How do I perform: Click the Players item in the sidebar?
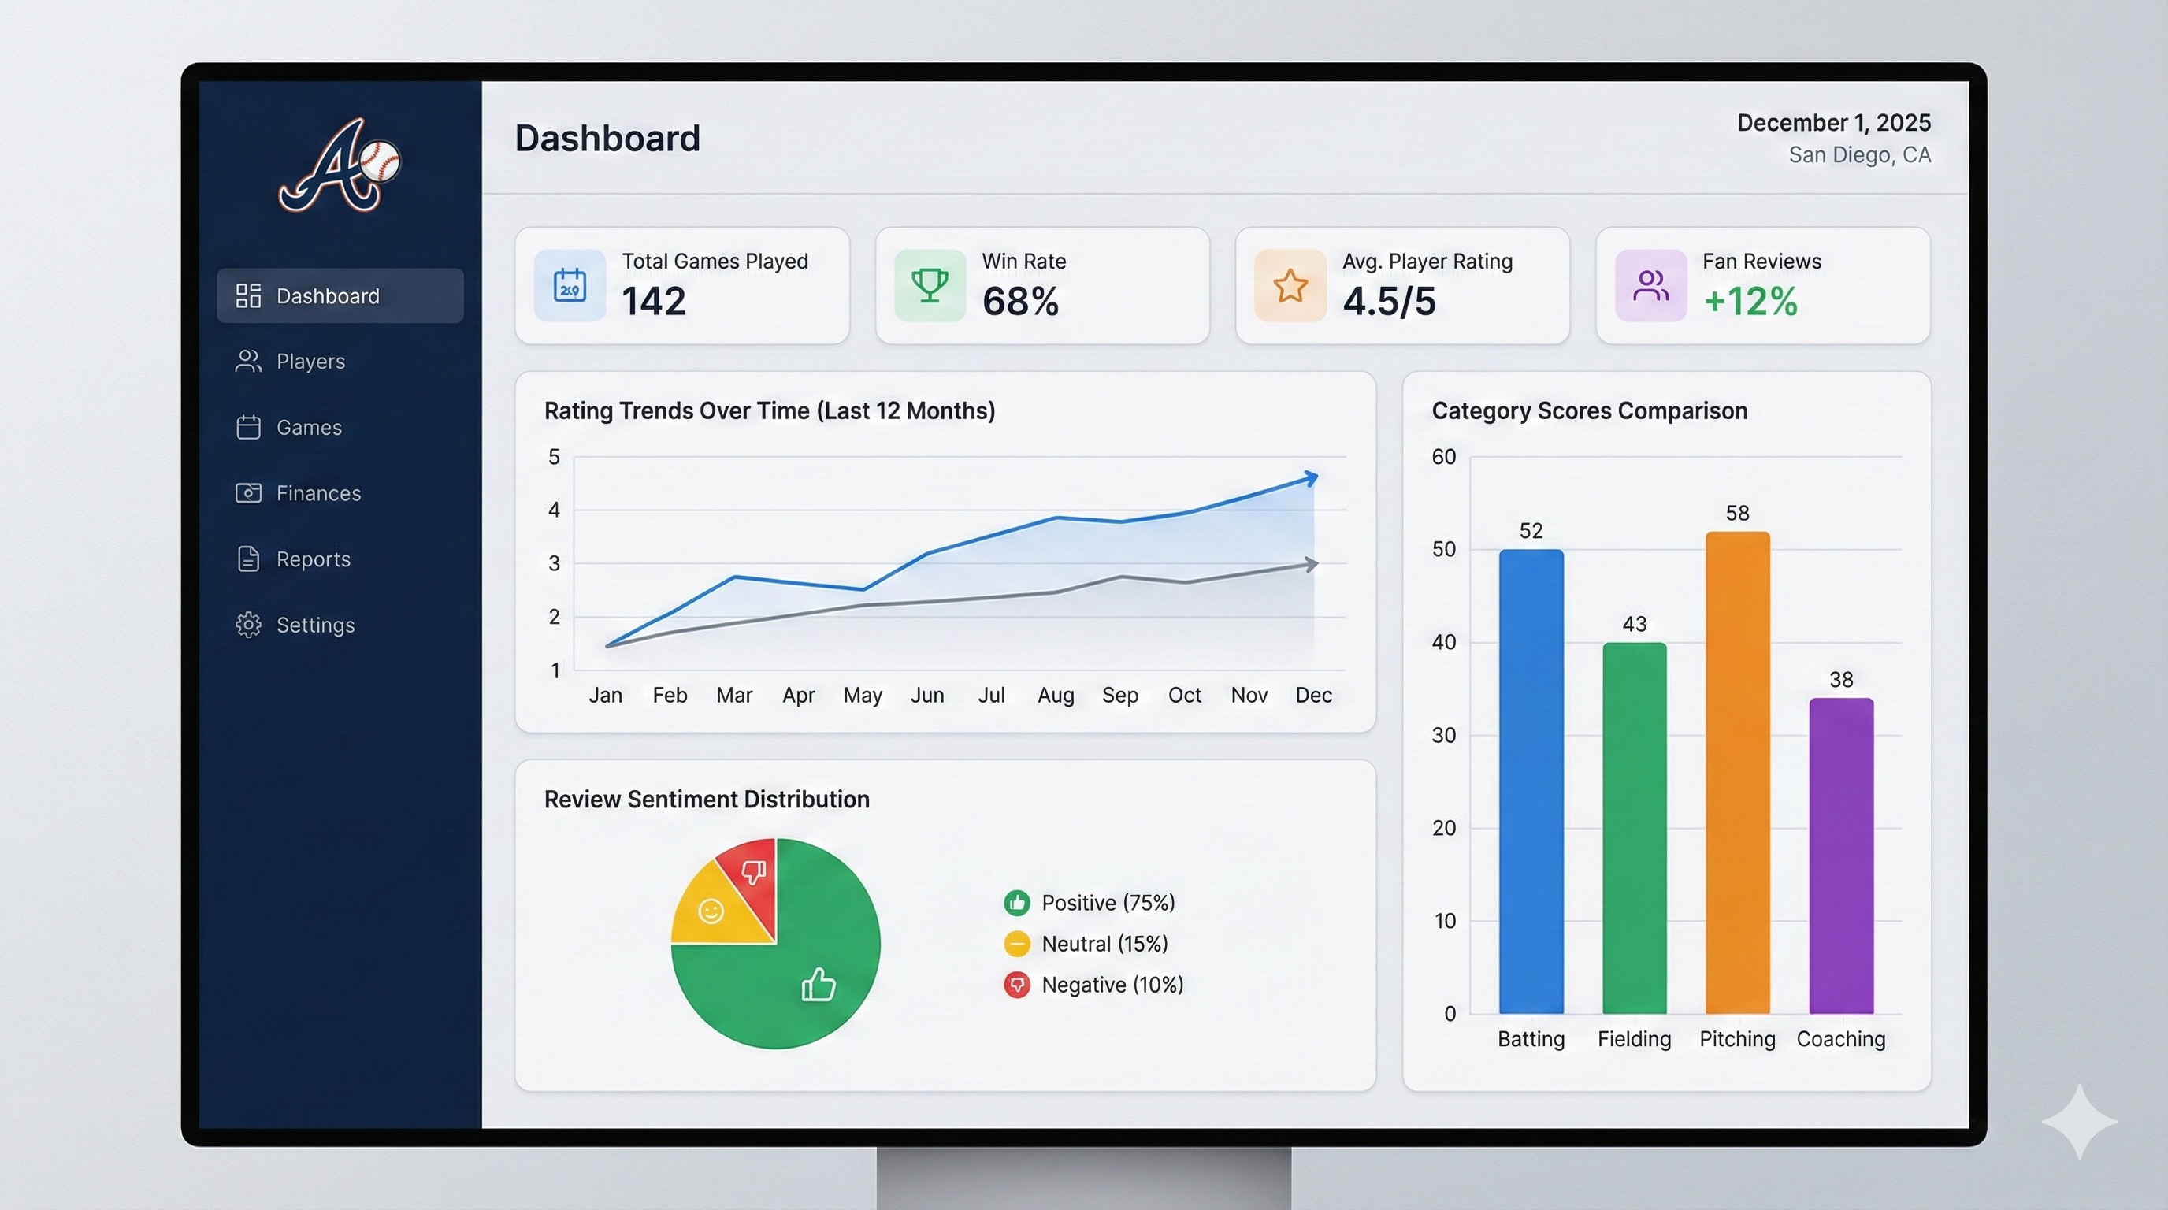tap(310, 362)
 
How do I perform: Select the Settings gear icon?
tap(248, 625)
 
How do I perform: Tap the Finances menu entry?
tap(317, 493)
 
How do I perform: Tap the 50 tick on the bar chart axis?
tap(1443, 550)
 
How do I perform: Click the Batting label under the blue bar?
tap(1531, 1039)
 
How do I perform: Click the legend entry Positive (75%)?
tap(1107, 903)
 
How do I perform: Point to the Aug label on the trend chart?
tap(1056, 695)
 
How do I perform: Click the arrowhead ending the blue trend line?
tap(1310, 478)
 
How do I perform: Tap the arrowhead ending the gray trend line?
tap(1310, 565)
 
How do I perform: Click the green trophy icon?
tap(929, 285)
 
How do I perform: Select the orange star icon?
tap(1290, 285)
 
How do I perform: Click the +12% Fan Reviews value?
tap(1750, 301)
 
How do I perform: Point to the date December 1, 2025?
tap(1833, 123)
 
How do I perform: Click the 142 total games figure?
tap(654, 301)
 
